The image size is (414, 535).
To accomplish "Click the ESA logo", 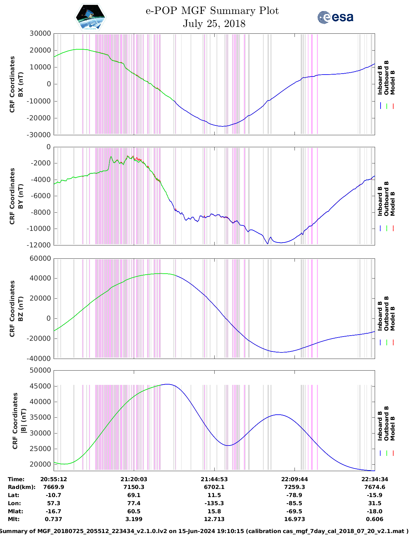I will [x=335, y=17].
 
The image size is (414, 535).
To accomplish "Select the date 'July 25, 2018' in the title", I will [x=214, y=24].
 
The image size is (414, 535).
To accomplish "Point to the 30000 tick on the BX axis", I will [x=40, y=33].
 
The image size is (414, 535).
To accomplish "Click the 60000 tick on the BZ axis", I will [x=40, y=258].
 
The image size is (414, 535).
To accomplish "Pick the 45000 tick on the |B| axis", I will [x=40, y=386].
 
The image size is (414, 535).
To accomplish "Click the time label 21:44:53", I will [x=214, y=479].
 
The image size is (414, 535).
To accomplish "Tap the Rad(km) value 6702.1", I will [x=214, y=487].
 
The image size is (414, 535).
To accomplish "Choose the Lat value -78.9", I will [x=294, y=495].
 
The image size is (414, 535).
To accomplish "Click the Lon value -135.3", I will [x=214, y=503].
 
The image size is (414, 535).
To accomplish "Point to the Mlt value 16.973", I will [x=294, y=519].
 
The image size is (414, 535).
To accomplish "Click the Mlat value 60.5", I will [x=134, y=511].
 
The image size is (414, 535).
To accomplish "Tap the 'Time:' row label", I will [x=16, y=479].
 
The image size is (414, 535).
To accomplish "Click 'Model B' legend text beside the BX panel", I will [x=393, y=82].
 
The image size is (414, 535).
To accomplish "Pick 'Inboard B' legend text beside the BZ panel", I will [x=380, y=316].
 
